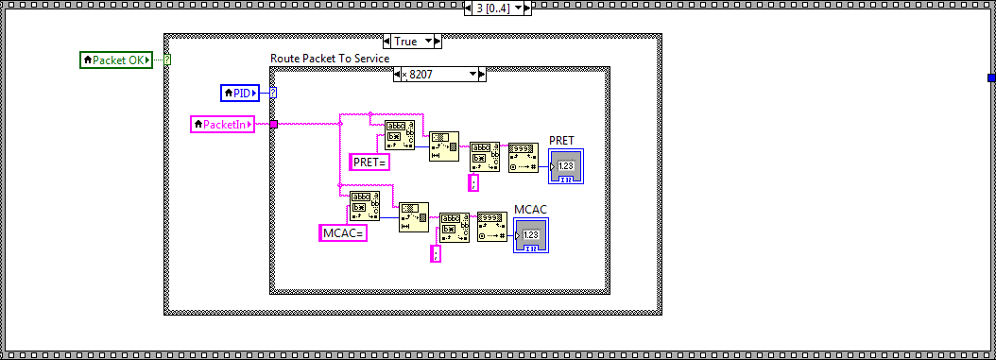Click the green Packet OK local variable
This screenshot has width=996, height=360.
(115, 60)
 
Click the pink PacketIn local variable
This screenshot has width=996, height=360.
(222, 124)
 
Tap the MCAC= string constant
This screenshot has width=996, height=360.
(342, 232)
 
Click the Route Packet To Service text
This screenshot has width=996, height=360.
(330, 59)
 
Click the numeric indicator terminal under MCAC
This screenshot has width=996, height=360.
(531, 234)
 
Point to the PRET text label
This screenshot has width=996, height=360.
(561, 141)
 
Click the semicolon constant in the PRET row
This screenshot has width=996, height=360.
(474, 183)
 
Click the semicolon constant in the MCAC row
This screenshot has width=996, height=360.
(436, 253)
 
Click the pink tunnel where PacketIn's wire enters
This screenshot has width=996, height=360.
(273, 124)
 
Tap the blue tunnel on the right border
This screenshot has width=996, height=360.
(991, 77)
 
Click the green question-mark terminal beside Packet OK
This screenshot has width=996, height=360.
(167, 60)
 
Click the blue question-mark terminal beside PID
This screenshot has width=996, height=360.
(273, 93)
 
